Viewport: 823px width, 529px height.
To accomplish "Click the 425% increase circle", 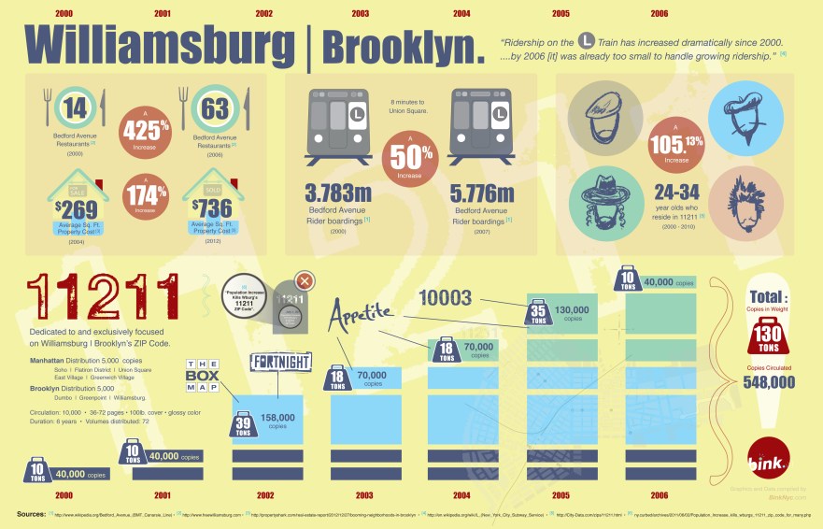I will [x=145, y=128].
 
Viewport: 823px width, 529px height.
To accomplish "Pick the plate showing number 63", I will [x=215, y=111].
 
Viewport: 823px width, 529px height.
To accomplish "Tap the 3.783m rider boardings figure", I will [x=337, y=194].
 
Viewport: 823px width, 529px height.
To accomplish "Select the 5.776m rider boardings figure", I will [x=482, y=194].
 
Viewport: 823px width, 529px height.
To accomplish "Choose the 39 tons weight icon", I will [x=243, y=423].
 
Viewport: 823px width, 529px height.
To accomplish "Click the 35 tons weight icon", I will [x=537, y=313].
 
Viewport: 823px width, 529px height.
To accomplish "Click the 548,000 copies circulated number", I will [x=769, y=381].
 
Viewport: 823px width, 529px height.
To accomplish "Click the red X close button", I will [x=304, y=282].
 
